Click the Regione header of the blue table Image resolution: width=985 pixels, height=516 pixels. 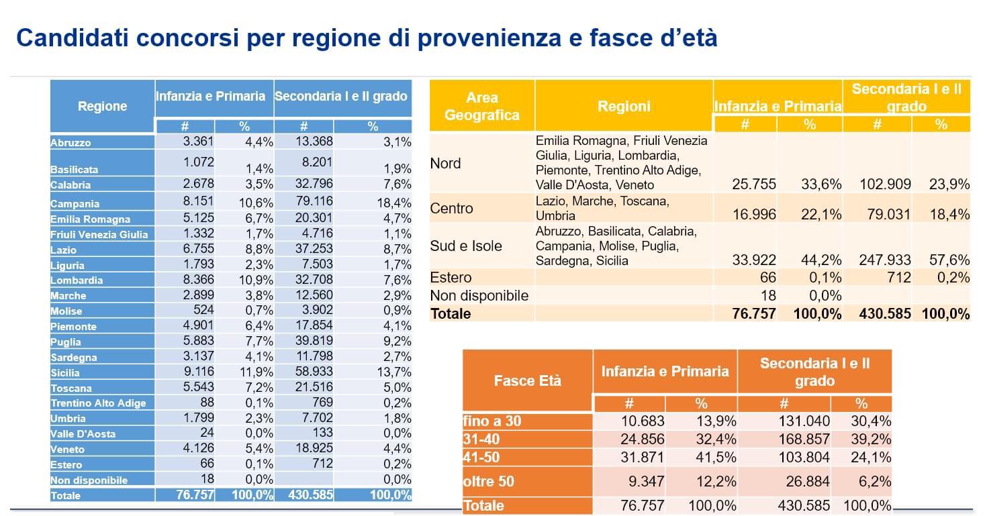coord(102,106)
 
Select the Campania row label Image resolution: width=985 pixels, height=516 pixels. coord(75,203)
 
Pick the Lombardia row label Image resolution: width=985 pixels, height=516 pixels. coord(77,280)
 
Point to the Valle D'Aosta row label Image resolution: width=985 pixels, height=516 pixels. coord(83,433)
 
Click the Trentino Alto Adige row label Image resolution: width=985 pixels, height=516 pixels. coord(98,403)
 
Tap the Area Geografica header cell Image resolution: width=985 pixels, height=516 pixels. coord(481,106)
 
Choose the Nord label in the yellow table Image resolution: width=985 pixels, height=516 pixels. coord(445,164)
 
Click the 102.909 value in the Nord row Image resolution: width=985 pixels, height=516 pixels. coord(885,185)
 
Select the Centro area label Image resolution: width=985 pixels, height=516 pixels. coord(451,208)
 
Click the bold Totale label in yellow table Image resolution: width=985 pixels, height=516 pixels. coord(451,314)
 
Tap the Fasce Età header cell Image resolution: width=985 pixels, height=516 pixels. coord(527,380)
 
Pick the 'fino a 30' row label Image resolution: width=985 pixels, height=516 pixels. coord(492,421)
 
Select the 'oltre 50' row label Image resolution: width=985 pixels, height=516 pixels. coord(489,482)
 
